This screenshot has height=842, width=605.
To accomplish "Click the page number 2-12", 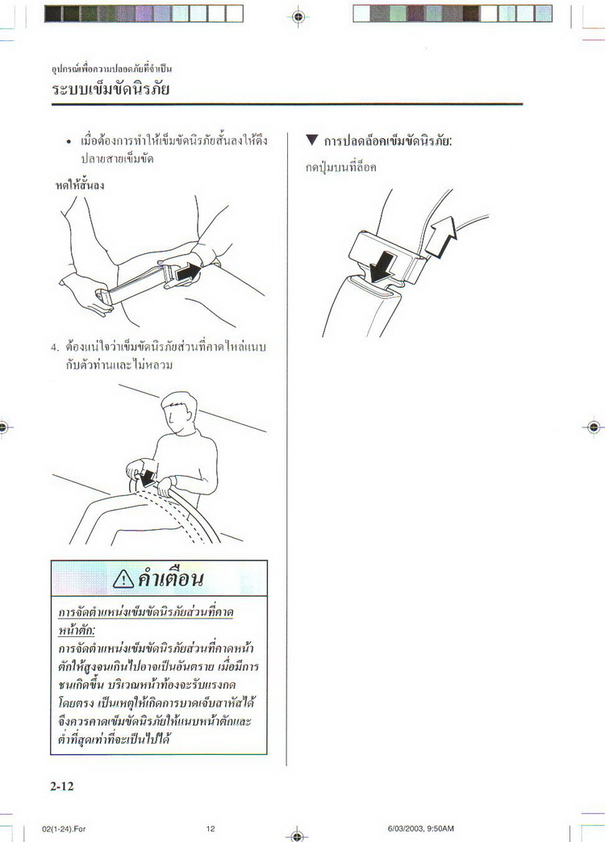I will tap(61, 786).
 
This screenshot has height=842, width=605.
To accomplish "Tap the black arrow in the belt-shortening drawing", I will tap(187, 273).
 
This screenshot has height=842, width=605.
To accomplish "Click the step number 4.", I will tap(55, 348).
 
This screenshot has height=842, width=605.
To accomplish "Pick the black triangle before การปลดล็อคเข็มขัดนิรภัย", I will tap(311, 141).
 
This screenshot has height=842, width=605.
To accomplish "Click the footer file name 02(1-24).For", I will tap(64, 828).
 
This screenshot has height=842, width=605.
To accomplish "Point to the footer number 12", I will tap(211, 828).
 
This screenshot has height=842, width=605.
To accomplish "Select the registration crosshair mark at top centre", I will tap(298, 15).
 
